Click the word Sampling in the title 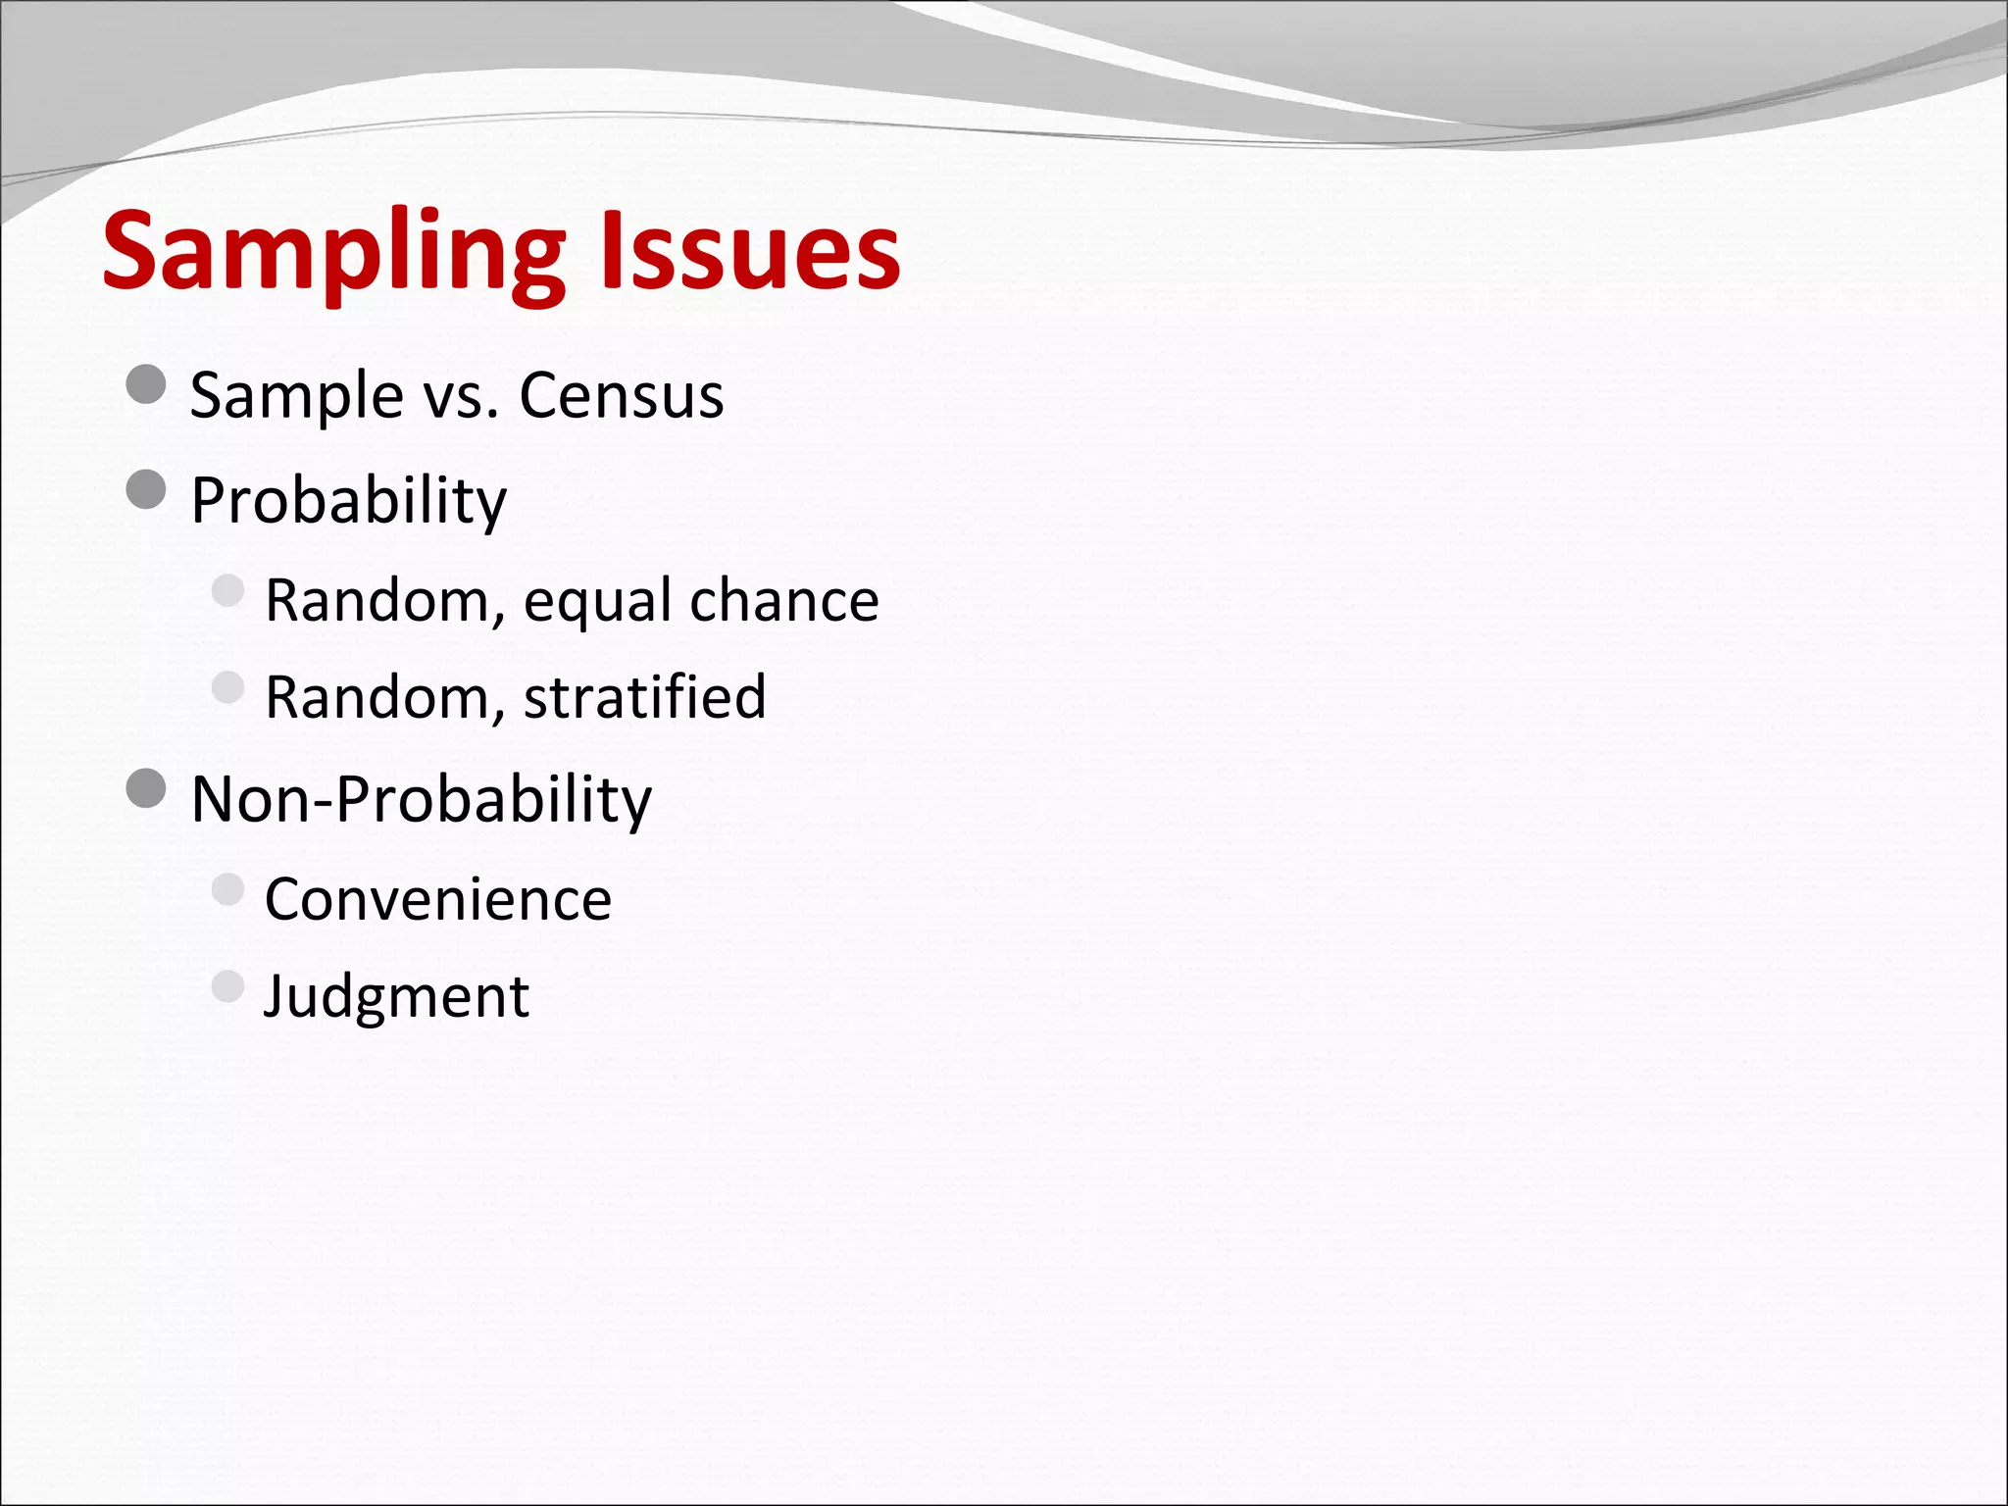(x=333, y=253)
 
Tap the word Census (x=621, y=395)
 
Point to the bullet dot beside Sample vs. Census (x=146, y=384)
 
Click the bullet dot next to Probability (x=146, y=489)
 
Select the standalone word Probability (x=348, y=501)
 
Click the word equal (x=597, y=601)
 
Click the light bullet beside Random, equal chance (x=227, y=590)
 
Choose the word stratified (x=644, y=696)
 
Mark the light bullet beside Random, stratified (x=227, y=687)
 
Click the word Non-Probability (x=421, y=799)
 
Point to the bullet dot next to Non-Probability (x=146, y=787)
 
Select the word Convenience (x=437, y=898)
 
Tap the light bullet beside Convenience (x=227, y=889)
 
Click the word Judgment (x=396, y=997)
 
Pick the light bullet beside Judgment (x=227, y=986)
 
